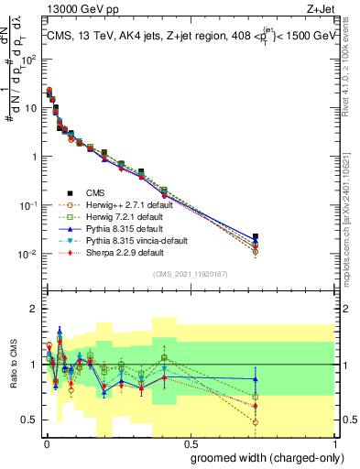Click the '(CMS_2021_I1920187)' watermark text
click(x=190, y=274)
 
